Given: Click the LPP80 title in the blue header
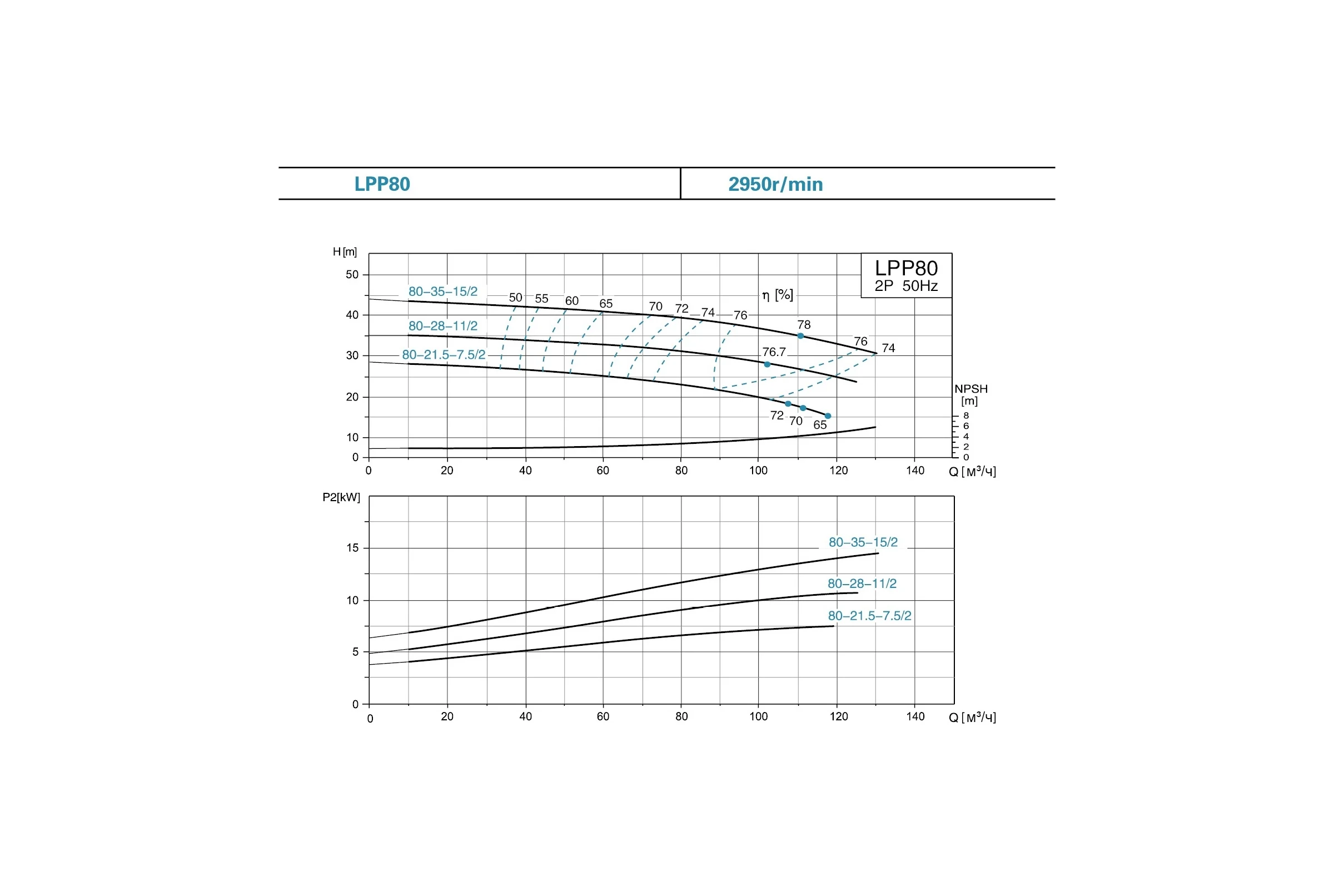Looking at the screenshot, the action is coord(382,184).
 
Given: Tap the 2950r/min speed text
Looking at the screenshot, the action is coord(775,184).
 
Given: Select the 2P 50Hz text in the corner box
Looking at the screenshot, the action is coord(906,285).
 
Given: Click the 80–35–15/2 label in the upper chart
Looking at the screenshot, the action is coord(443,291).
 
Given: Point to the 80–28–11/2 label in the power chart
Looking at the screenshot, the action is coord(862,584).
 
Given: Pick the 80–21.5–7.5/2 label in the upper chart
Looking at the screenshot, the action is coord(444,355).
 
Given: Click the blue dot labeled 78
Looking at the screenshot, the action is coord(801,336).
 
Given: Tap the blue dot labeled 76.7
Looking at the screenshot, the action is coord(768,364).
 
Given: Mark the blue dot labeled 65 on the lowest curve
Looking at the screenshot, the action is coord(828,416).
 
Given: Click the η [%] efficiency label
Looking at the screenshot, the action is coord(778,295).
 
